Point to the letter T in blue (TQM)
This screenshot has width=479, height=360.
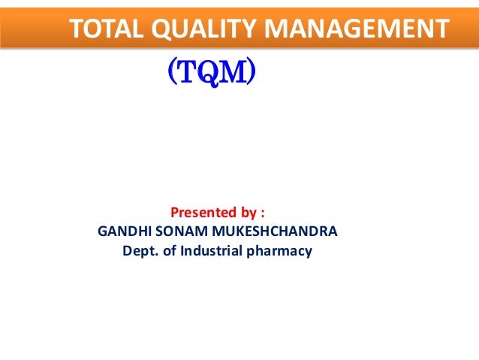186,74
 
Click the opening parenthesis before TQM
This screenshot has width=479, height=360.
171,74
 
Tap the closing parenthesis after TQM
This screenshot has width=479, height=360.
253,74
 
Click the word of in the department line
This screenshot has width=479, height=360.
170,251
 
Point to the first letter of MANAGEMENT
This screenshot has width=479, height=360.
279,29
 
